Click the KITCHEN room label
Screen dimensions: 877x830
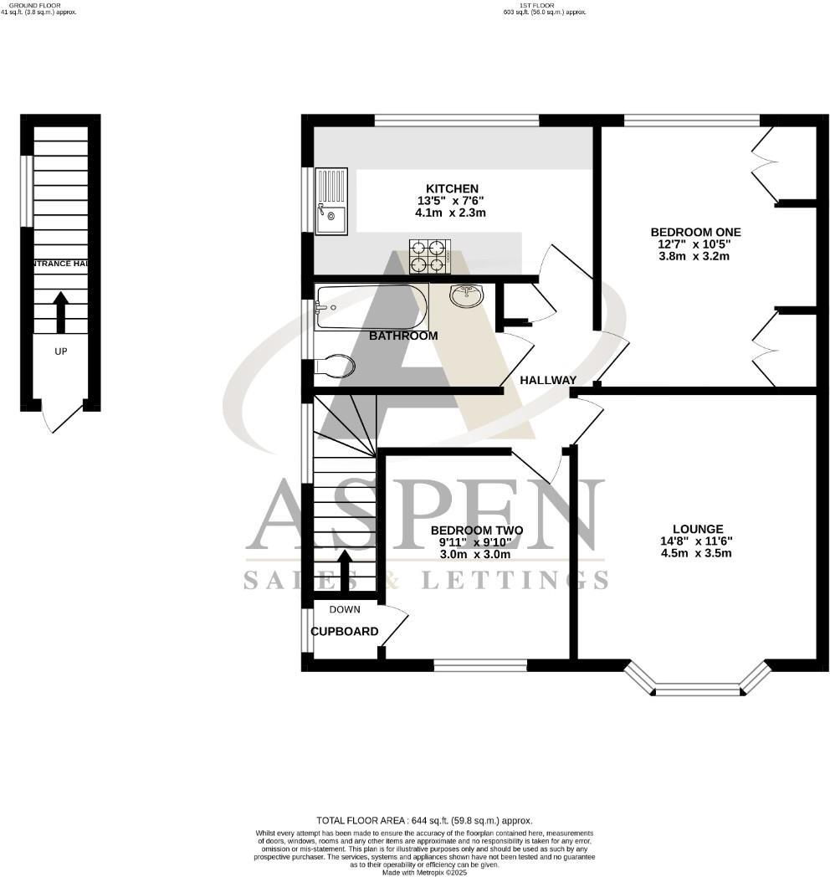tap(452, 188)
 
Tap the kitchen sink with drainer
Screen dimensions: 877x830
tap(330, 201)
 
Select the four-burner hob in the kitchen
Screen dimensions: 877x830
tap(429, 256)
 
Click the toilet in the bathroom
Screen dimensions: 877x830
tap(335, 366)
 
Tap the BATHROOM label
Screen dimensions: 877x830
tap(403, 336)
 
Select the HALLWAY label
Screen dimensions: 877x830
tap(548, 380)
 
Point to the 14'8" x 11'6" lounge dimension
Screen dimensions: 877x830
tap(697, 541)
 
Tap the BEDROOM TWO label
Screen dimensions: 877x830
tap(476, 531)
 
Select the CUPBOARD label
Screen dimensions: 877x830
tap(345, 631)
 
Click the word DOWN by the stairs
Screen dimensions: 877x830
tap(345, 609)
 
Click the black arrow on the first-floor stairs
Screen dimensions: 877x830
tap(344, 571)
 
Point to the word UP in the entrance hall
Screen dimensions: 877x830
tap(60, 351)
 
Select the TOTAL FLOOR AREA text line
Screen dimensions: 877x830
tap(423, 821)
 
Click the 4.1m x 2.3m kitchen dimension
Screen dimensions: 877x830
tap(450, 213)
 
